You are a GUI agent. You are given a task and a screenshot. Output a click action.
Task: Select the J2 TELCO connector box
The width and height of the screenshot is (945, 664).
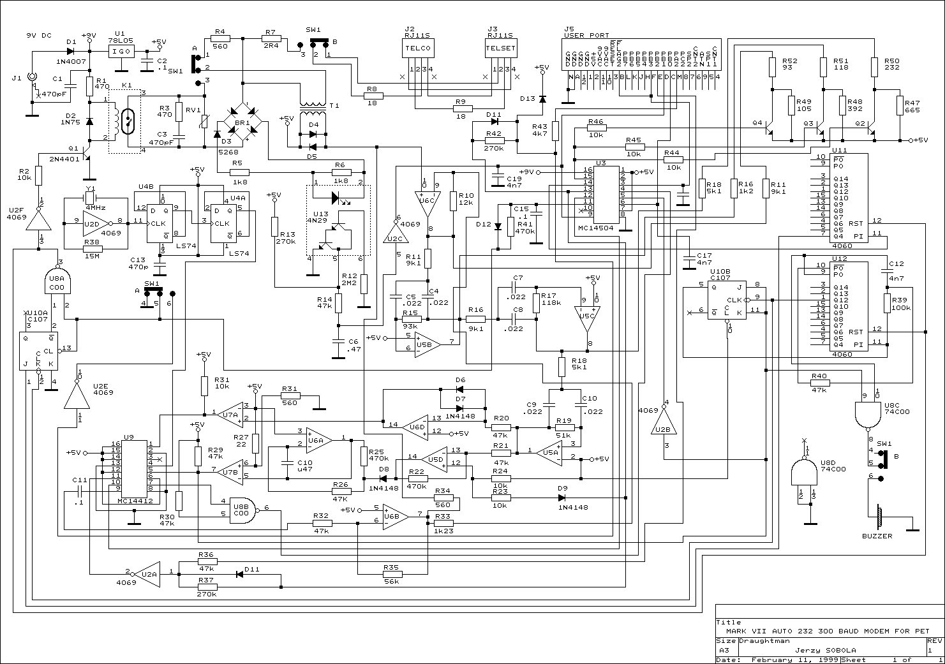pos(419,48)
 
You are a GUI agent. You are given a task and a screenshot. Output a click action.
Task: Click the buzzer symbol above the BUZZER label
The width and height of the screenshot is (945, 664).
pos(879,515)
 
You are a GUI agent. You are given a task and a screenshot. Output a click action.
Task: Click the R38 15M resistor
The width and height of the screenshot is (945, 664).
pos(93,249)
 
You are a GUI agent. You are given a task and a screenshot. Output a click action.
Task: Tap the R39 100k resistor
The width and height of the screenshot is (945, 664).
pos(886,303)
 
